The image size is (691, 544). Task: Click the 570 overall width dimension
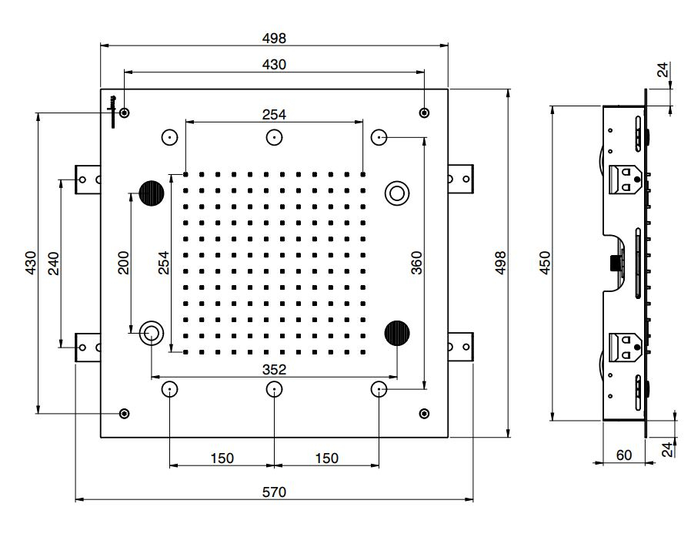click(274, 492)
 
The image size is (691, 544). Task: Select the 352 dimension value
click(274, 369)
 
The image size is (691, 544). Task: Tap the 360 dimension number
click(416, 264)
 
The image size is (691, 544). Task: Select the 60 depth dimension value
click(624, 455)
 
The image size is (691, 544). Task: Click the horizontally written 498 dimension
click(274, 38)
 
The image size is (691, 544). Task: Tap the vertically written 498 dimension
click(499, 264)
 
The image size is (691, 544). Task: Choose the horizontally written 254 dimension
click(274, 114)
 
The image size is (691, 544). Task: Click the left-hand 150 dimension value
click(222, 458)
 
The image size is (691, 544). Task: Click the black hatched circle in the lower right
click(397, 333)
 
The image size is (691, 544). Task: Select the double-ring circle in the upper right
click(398, 193)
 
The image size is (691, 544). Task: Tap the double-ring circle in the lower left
click(151, 334)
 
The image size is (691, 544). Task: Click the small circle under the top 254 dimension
click(274, 137)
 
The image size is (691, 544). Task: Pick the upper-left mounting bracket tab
click(87, 180)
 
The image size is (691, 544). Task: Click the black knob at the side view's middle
click(613, 264)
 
